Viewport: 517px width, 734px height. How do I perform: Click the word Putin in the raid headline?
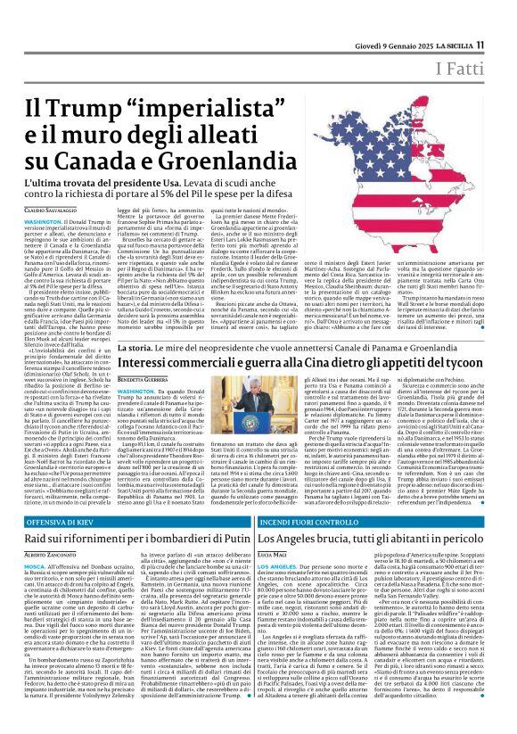click(228, 538)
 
